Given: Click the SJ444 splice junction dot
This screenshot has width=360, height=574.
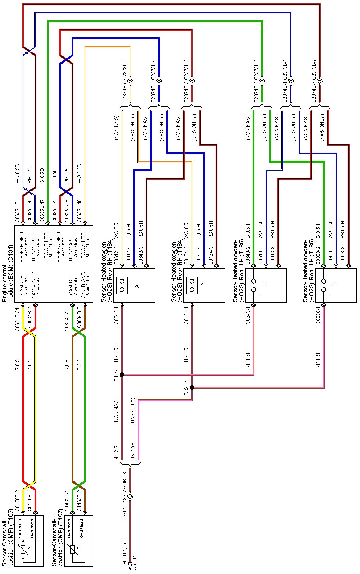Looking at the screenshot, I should pyautogui.click(x=122, y=375).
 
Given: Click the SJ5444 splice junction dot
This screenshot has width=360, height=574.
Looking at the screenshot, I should pyautogui.click(x=192, y=388).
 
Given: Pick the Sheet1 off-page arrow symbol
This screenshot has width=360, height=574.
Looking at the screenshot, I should pyautogui.click(x=130, y=565).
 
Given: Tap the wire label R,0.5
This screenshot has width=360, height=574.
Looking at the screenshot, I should pyautogui.click(x=17, y=364).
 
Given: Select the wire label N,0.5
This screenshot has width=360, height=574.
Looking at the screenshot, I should pyautogui.click(x=67, y=364).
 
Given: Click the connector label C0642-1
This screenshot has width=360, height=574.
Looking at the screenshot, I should pyautogui.click(x=116, y=315).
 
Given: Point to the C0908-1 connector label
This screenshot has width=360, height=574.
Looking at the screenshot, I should pyautogui.click(x=318, y=315).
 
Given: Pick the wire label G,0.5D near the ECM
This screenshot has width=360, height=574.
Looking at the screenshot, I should pyautogui.click(x=42, y=176).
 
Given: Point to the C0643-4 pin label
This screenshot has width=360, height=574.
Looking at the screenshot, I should pyautogui.click(x=260, y=255).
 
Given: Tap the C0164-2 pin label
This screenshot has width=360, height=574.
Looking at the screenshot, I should pyautogui.click(x=186, y=255).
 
